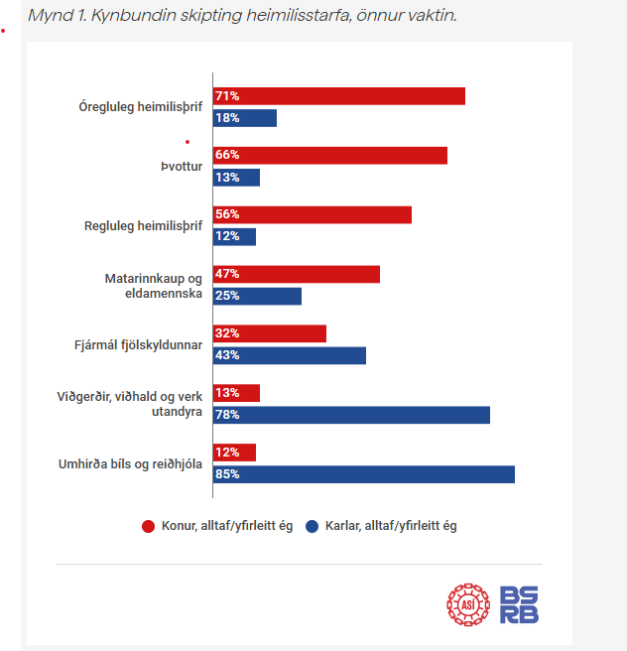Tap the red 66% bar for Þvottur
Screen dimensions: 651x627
click(330, 156)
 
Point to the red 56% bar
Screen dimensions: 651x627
click(313, 214)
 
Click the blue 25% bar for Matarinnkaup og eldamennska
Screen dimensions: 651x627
click(257, 296)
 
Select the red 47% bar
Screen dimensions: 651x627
click(297, 274)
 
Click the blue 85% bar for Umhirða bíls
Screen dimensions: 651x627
click(364, 474)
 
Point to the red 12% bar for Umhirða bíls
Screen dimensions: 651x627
click(235, 453)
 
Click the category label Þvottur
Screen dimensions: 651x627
click(182, 167)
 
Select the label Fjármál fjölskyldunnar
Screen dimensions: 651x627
click(144, 344)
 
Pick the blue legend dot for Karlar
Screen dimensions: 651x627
click(313, 526)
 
